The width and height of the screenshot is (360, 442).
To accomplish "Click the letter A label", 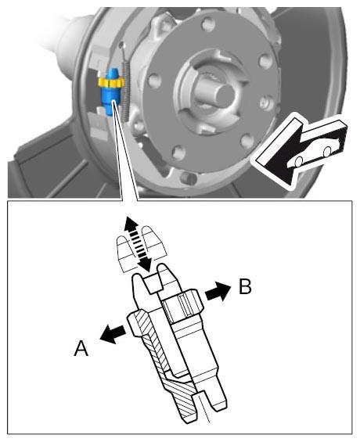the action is coord(81,348).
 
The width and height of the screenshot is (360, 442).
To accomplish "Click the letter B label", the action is coord(245,286).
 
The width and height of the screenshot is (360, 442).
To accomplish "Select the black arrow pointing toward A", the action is coord(113,334).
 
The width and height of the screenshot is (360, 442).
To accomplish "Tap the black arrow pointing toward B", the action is coord(218,291).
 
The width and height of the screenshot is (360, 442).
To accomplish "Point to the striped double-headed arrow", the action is coord(139,244).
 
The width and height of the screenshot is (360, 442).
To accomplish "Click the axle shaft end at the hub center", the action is coord(218,95).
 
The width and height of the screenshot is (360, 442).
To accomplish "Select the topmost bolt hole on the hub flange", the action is coord(209,24).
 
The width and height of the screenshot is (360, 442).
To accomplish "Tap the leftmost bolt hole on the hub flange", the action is coord(154,81).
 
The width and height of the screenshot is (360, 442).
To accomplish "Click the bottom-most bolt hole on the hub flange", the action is coord(178,153).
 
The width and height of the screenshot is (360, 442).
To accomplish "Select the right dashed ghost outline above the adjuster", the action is coord(154,242).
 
